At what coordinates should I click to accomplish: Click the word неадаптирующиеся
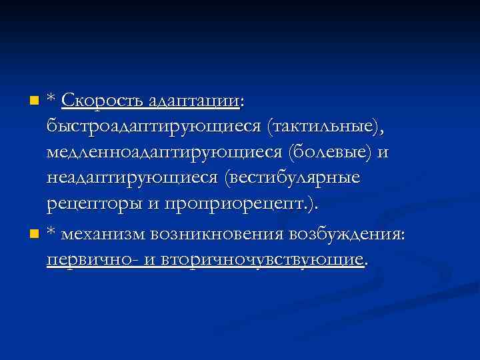[133, 178]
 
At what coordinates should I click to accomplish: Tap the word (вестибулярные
[293, 178]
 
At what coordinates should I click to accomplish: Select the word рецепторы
[93, 203]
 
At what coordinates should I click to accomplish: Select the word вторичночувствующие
[259, 259]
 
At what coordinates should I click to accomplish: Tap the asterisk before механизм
[51, 233]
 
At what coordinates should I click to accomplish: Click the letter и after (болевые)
[383, 153]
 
